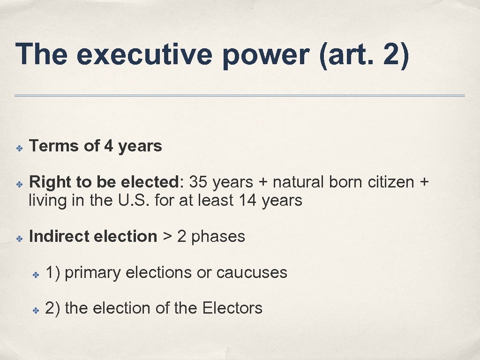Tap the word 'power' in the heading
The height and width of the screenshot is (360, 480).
pyautogui.click(x=265, y=55)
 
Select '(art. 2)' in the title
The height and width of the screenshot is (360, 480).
pyautogui.click(x=364, y=55)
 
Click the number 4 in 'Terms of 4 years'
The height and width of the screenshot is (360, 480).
pyautogui.click(x=108, y=146)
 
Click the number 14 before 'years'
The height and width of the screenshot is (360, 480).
pyautogui.click(x=248, y=201)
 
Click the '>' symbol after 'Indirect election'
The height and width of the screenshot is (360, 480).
pyautogui.click(x=167, y=237)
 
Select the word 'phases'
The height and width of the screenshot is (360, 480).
pyautogui.click(x=218, y=237)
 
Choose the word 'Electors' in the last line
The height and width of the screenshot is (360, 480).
pyautogui.click(x=232, y=308)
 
